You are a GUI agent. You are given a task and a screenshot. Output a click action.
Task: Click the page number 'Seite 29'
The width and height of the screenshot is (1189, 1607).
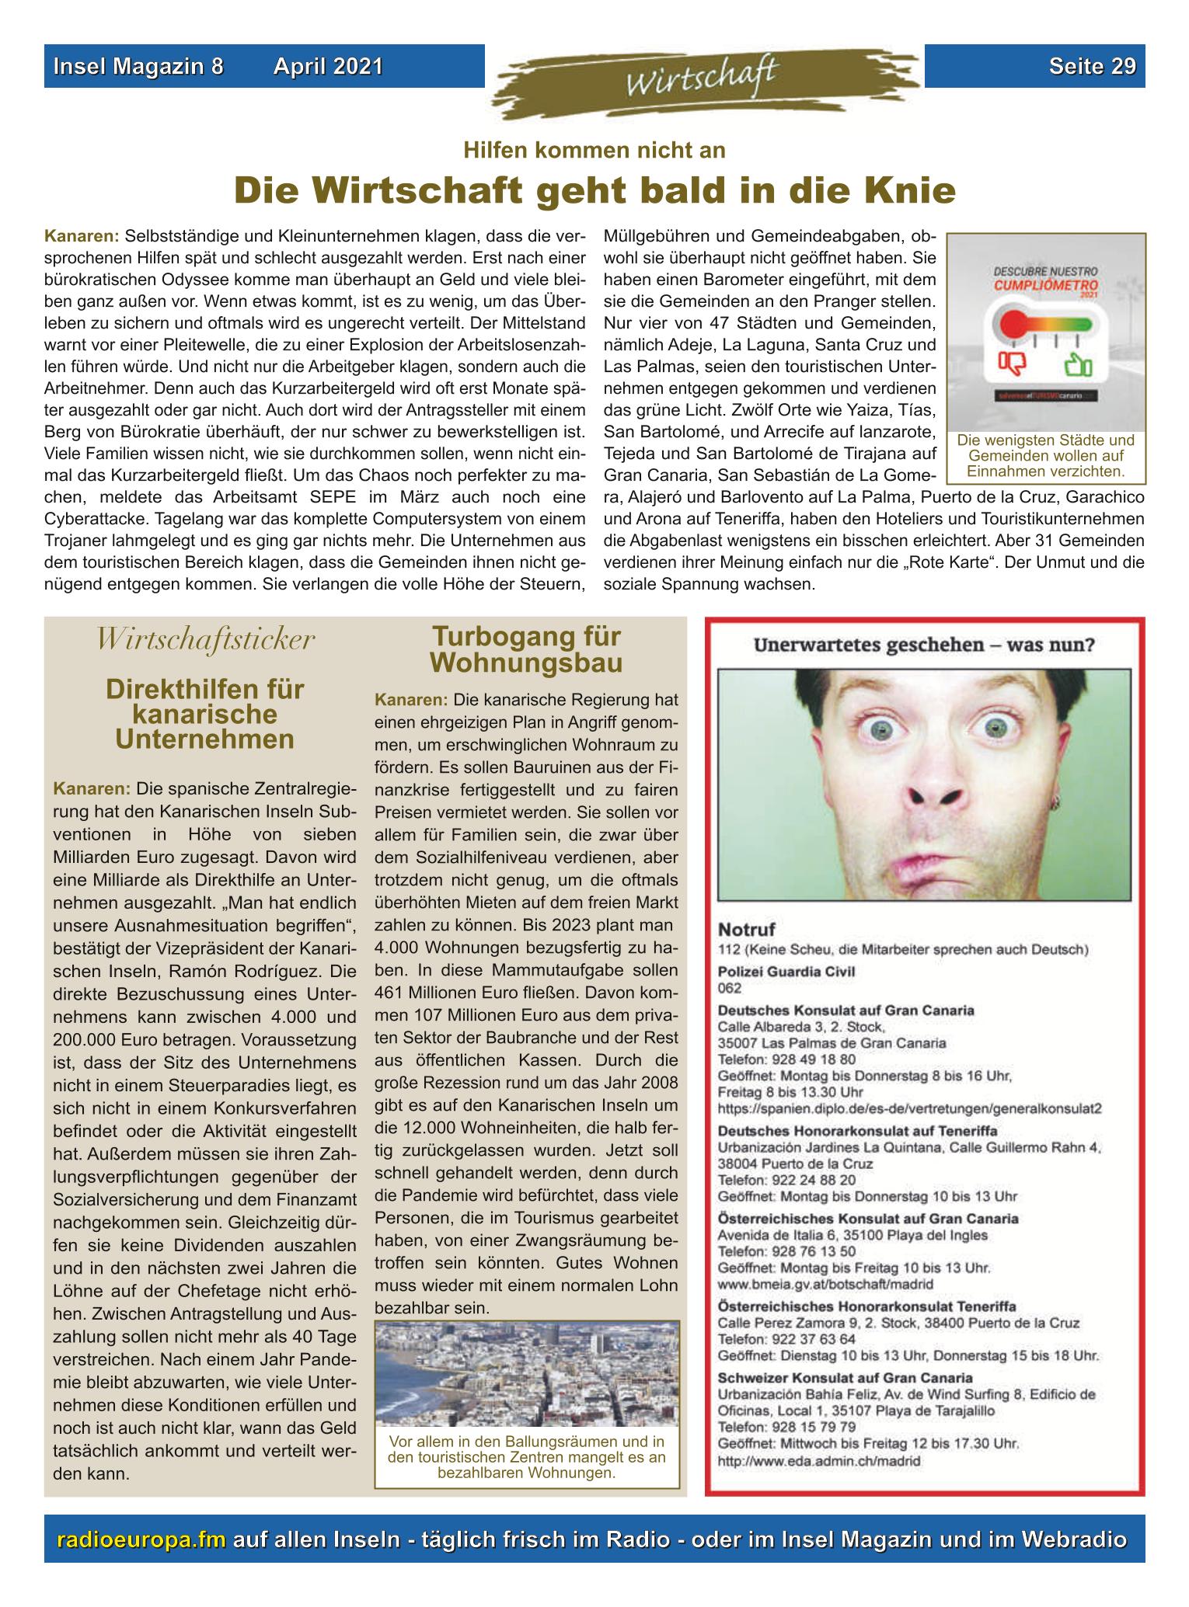click(x=1092, y=66)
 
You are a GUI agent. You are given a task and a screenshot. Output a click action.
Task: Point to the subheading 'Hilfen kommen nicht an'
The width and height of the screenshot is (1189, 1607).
click(x=594, y=150)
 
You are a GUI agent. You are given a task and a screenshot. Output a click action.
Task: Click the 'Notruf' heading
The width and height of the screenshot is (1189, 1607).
click(x=747, y=929)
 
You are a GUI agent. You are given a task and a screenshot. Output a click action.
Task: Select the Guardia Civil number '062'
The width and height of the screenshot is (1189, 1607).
click(x=730, y=988)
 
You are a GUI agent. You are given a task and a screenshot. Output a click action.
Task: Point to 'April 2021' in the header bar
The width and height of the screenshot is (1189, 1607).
click(x=328, y=67)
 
